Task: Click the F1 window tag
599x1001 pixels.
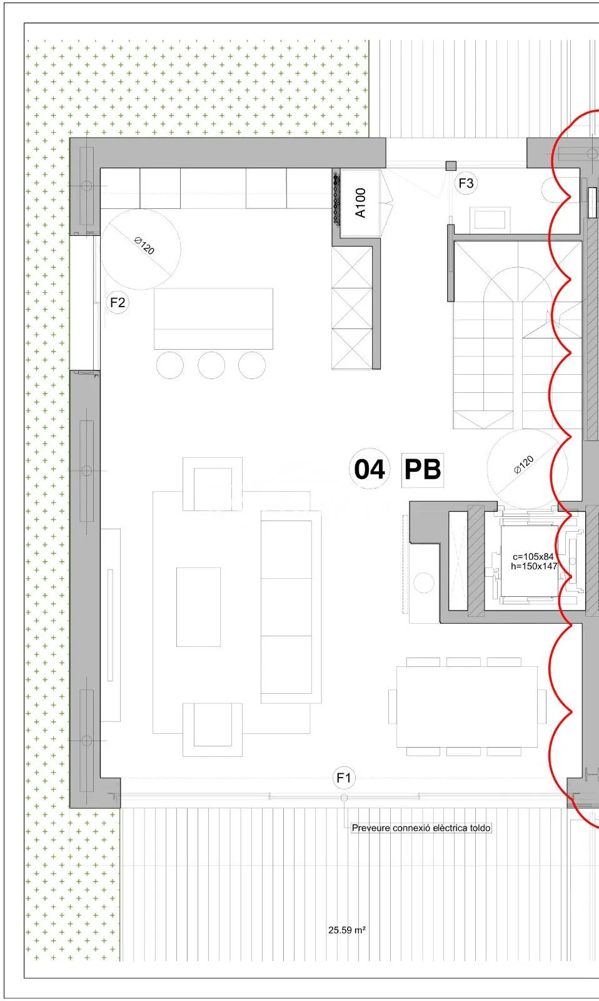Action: (x=344, y=778)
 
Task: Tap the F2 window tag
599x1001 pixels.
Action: (x=118, y=303)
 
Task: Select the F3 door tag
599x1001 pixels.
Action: (x=466, y=183)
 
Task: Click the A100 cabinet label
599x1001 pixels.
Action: (x=361, y=203)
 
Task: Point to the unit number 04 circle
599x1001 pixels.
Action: (x=370, y=469)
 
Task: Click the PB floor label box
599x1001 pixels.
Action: (x=423, y=469)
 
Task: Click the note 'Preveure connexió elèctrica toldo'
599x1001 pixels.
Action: (x=421, y=828)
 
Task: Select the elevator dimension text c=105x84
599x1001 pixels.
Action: (x=533, y=556)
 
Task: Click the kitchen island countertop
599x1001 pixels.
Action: (x=213, y=318)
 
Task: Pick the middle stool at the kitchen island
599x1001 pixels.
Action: (x=211, y=365)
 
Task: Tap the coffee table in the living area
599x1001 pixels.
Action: (x=198, y=607)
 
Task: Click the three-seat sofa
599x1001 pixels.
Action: (x=291, y=607)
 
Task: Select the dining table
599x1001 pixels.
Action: (x=467, y=706)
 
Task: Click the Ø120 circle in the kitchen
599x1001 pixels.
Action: (x=141, y=249)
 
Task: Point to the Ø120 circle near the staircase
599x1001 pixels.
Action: (x=527, y=469)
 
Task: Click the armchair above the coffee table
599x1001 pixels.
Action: (x=213, y=484)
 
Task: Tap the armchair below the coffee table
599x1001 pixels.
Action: (x=213, y=729)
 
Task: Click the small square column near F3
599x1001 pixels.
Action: (x=451, y=166)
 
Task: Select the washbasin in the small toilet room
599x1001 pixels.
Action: (x=490, y=220)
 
